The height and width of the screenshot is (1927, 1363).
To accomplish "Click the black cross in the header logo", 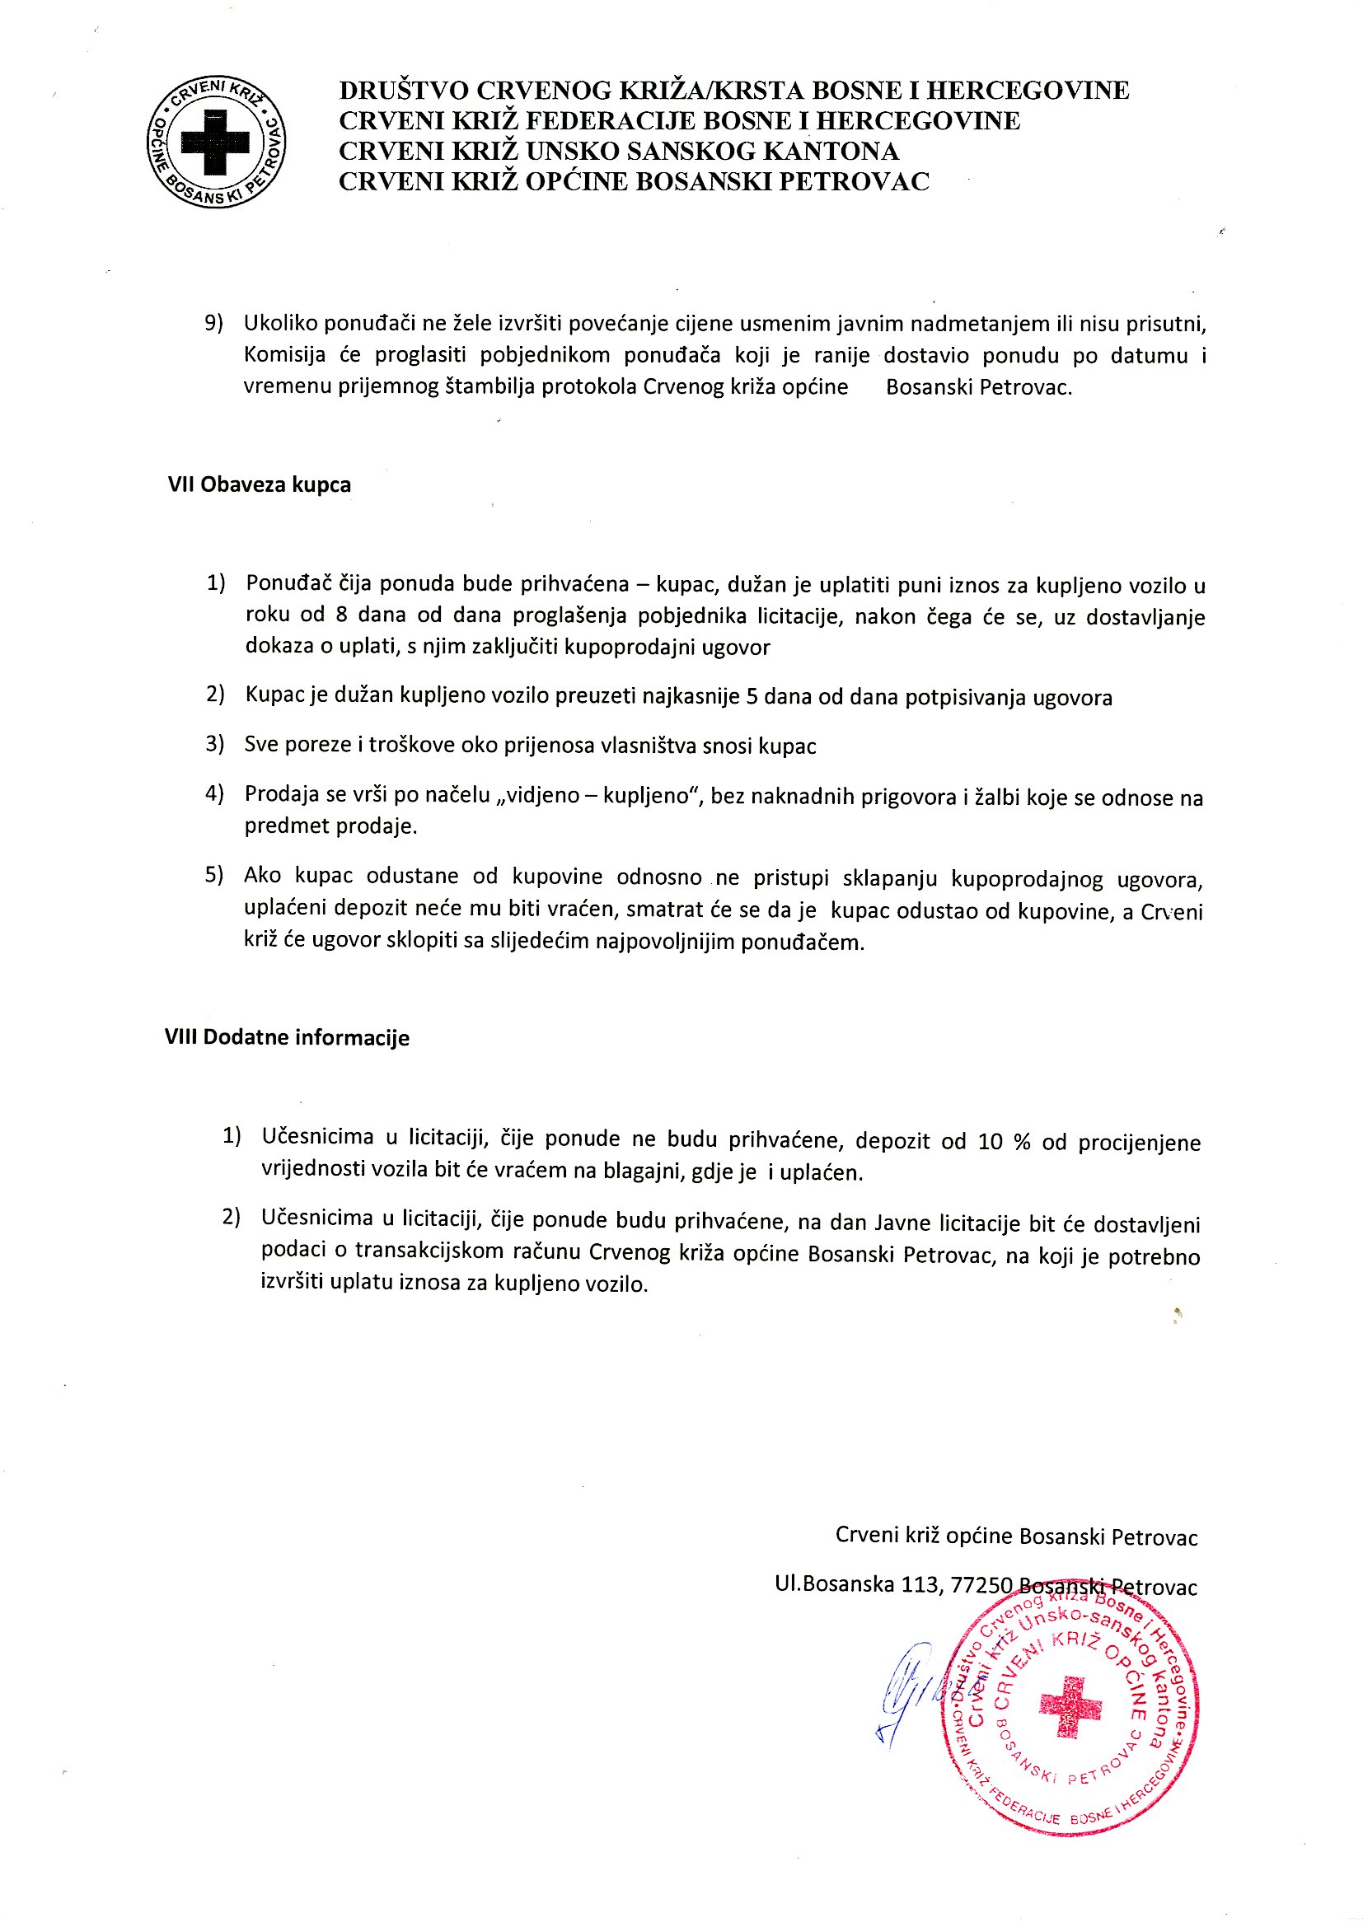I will coord(216,142).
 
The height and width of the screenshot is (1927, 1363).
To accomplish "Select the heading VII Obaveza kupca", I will coord(260,485).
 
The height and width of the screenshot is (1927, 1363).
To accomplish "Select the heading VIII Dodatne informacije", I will coord(287,1037).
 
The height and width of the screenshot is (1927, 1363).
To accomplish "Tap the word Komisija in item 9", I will coord(284,355).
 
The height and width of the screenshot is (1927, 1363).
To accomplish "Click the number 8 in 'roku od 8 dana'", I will coord(342,615).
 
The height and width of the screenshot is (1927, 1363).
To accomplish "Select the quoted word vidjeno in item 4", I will coord(540,795).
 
